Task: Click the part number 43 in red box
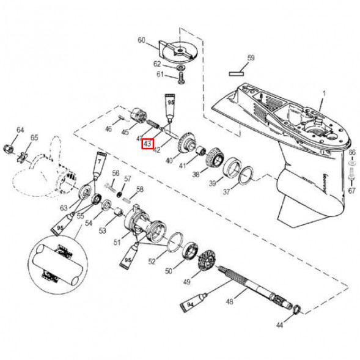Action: [x=147, y=144]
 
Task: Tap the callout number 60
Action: [x=142, y=41]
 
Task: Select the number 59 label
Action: [x=249, y=58]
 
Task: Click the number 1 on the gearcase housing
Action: [x=325, y=93]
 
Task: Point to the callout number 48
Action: [x=230, y=301]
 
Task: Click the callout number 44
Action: [x=279, y=326]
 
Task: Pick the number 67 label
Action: [x=351, y=191]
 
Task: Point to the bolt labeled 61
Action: [x=181, y=76]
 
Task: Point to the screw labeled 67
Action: [x=352, y=174]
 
